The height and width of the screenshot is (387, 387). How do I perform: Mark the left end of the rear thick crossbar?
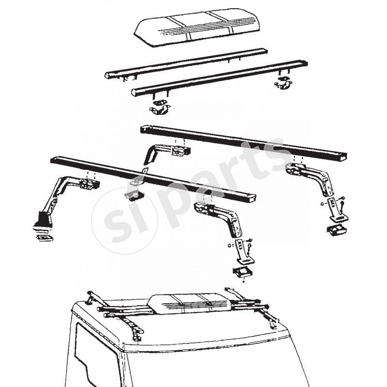point(144,129)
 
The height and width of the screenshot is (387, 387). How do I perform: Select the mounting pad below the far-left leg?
point(44,238)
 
